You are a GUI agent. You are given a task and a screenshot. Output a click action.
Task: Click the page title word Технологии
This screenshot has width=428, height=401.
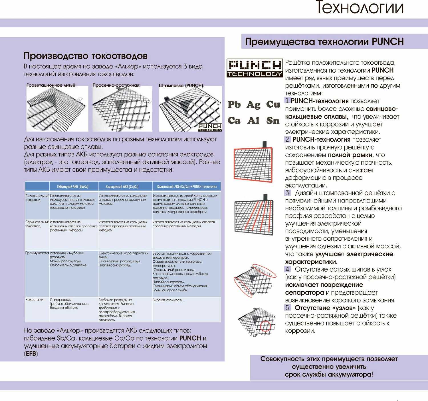[360, 8]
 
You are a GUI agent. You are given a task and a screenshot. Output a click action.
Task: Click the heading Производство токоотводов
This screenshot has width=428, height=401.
[85, 56]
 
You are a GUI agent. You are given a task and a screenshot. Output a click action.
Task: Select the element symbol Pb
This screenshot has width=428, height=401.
[234, 105]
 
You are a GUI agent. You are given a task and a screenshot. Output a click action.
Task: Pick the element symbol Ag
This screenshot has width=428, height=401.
[254, 105]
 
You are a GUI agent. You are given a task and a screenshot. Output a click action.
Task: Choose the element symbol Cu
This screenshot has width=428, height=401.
[273, 105]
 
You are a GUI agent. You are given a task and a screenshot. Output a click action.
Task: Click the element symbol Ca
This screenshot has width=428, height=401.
[234, 120]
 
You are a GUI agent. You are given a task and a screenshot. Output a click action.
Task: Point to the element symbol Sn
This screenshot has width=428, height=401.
[273, 120]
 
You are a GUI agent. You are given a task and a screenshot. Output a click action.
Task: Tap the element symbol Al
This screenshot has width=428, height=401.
[254, 120]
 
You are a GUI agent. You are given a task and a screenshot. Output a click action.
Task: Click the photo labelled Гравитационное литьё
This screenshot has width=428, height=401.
[57, 109]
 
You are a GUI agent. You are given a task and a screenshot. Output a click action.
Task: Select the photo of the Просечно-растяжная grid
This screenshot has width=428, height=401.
[122, 109]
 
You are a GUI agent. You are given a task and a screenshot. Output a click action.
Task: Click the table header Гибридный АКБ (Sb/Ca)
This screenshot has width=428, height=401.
[73, 187]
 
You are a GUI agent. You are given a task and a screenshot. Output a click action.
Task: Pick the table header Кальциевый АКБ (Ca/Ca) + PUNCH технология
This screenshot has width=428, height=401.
[187, 187]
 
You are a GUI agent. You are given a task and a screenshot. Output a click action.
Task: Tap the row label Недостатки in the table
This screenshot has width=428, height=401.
[34, 300]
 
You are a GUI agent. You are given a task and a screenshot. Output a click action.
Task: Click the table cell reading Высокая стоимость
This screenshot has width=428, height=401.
[168, 300]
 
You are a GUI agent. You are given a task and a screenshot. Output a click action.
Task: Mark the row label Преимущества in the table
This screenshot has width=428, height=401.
[37, 253]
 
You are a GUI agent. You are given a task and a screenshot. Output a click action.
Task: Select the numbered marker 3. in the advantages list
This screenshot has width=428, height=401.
[288, 193]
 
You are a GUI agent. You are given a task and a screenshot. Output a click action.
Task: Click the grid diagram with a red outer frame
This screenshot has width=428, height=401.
[253, 162]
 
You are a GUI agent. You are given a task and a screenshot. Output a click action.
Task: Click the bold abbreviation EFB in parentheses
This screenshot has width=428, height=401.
[31, 354]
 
